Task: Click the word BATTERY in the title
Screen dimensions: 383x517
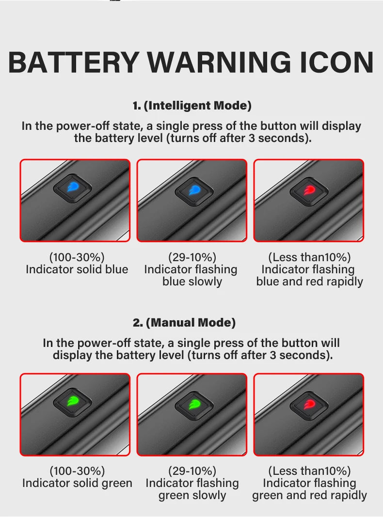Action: pyautogui.click(x=74, y=62)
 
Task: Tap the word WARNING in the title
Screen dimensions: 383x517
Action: pyautogui.click(x=219, y=62)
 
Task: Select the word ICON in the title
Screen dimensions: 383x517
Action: pyautogui.click(x=337, y=62)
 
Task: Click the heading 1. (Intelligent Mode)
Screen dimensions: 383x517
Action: pyautogui.click(x=192, y=106)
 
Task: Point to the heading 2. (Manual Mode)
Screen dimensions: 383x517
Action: pyautogui.click(x=184, y=322)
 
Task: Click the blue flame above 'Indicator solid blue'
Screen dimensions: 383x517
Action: pyautogui.click(x=73, y=188)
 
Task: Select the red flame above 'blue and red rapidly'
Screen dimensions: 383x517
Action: pyautogui.click(x=309, y=190)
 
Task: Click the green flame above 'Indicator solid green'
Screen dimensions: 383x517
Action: pyautogui.click(x=73, y=401)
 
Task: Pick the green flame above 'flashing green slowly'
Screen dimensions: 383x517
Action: pyautogui.click(x=194, y=404)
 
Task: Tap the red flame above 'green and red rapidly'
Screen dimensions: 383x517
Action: pyautogui.click(x=309, y=404)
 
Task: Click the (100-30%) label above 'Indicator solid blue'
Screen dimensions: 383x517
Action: pyautogui.click(x=77, y=257)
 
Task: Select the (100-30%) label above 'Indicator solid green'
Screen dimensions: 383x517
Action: pyautogui.click(x=77, y=470)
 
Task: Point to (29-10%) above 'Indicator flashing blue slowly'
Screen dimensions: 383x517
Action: pyautogui.click(x=192, y=257)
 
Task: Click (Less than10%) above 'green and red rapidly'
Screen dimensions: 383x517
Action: pyautogui.click(x=309, y=470)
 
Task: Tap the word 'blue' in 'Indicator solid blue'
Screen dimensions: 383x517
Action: pyautogui.click(x=116, y=269)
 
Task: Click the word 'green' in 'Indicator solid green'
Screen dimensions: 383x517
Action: pyautogui.click(x=117, y=484)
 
